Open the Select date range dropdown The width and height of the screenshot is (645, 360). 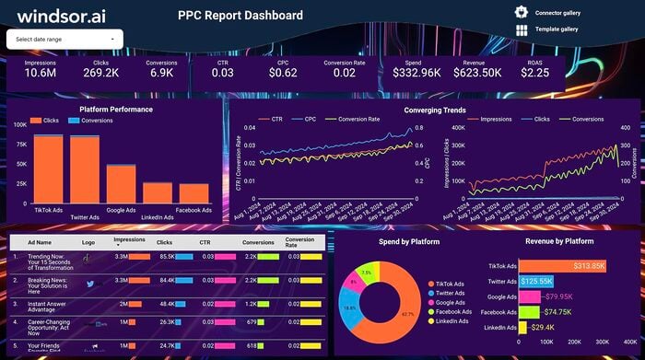click(64, 40)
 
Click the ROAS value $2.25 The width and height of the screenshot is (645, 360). click(534, 73)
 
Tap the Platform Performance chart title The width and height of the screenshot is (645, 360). click(116, 109)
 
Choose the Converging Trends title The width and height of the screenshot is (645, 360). click(434, 109)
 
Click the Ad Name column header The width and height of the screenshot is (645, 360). click(38, 241)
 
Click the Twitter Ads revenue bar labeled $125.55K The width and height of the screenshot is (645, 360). click(536, 280)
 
